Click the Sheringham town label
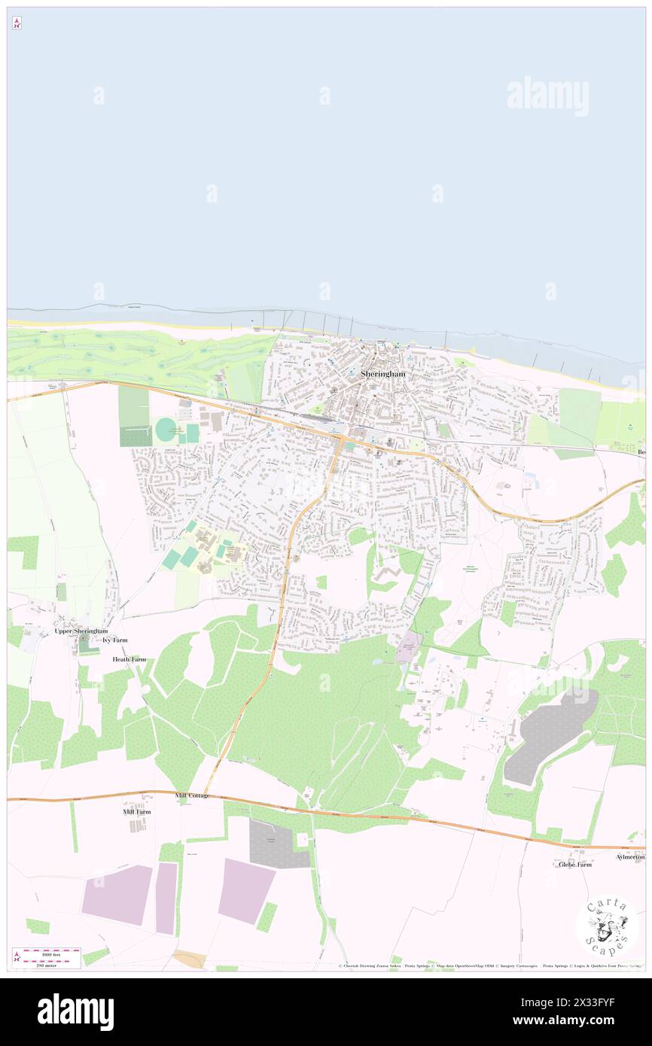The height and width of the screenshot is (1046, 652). coord(382,373)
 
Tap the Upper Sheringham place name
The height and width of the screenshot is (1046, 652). coord(81,631)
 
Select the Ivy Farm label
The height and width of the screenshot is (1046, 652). coord(115,640)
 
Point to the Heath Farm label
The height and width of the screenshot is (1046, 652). coord(129,659)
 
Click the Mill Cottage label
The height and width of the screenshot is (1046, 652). coord(192,795)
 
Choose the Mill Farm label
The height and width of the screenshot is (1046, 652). coord(137,812)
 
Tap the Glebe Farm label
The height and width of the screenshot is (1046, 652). coord(574,865)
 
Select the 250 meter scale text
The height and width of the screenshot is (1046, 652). coord(47,963)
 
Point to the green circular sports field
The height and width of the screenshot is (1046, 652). coord(166,430)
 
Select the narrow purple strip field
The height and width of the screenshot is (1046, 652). coord(166,899)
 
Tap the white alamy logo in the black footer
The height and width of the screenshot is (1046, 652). coord(75,1012)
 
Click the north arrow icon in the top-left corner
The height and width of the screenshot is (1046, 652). coord(17,24)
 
